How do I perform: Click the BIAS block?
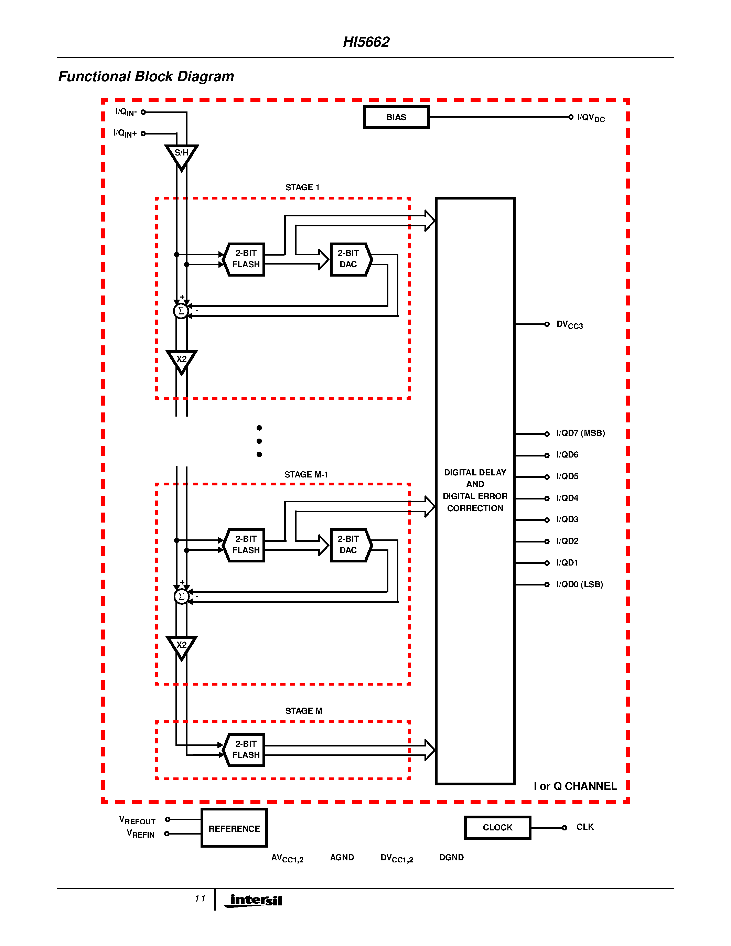tap(396, 117)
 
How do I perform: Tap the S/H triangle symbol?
tap(181, 155)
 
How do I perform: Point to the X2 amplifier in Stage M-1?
tap(181, 647)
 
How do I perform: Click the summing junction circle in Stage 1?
tap(181, 311)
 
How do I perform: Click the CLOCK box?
tap(497, 827)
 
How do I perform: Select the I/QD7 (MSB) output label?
tap(580, 433)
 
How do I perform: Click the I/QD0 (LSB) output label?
tap(579, 584)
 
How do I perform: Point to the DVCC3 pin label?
tap(569, 325)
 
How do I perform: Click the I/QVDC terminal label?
tap(591, 118)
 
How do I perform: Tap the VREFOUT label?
tap(137, 820)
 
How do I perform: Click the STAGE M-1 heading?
tap(306, 475)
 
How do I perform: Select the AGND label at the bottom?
tap(342, 858)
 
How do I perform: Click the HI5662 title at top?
tap(366, 42)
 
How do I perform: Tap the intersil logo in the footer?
tap(254, 900)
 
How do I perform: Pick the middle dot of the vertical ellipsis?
tap(259, 441)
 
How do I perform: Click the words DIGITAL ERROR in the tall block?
tap(475, 496)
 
